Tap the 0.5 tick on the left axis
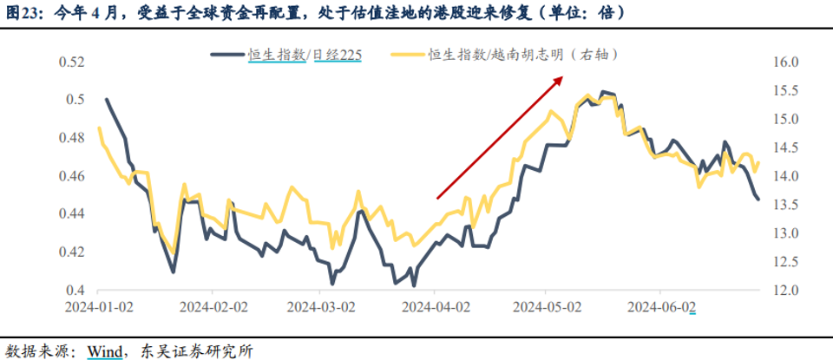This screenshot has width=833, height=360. pos(75,100)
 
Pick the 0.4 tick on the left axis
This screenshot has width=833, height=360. pos(75,290)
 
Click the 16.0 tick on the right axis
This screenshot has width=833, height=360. pos(784,62)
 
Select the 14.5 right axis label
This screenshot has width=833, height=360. pos(784,147)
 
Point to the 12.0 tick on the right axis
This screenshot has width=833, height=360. pos(784,290)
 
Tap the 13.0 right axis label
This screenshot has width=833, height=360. pos(784,232)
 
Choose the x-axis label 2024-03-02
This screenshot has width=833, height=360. pos(320,307)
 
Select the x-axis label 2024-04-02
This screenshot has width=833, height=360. pos(434,307)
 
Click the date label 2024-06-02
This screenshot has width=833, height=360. pos(661,307)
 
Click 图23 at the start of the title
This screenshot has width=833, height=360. pos(23,15)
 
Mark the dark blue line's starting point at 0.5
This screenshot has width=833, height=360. pos(106,99)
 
